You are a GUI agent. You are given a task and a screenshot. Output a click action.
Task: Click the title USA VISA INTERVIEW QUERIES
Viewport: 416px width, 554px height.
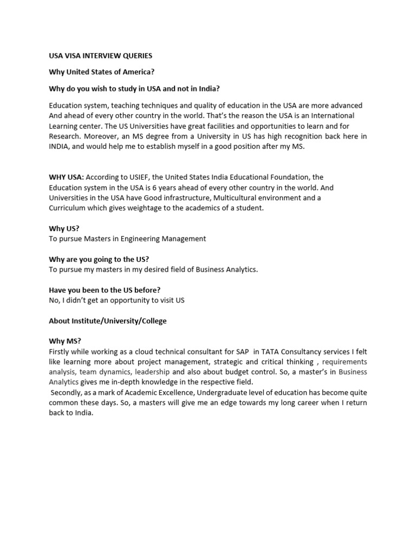100,56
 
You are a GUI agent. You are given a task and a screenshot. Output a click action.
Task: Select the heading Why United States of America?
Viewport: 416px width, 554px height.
98,72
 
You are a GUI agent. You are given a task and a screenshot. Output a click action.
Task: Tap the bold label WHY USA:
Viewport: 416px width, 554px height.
66,177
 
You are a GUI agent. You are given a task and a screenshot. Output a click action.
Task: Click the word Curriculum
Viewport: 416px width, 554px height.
68,208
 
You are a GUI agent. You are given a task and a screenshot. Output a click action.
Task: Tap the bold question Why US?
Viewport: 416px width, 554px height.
64,228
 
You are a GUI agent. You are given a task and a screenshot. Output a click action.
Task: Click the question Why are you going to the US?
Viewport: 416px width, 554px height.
99,259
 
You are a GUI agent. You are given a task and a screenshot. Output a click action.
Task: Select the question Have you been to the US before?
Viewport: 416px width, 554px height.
105,290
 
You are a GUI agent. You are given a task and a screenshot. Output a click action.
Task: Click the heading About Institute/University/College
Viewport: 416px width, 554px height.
108,321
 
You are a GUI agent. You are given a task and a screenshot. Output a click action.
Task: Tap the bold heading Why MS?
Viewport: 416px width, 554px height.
65,341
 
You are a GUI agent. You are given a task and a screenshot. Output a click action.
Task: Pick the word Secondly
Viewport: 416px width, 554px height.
68,392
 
